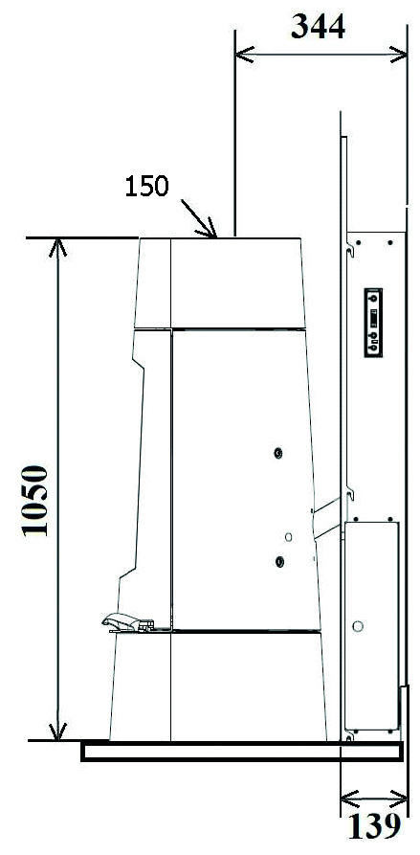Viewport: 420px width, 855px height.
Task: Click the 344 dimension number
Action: pos(318,27)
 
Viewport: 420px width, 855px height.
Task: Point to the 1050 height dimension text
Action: pos(35,501)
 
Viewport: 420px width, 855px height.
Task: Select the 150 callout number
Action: pos(146,187)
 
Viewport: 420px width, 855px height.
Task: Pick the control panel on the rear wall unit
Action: pos(373,323)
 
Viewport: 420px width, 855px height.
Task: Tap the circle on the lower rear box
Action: pos(358,626)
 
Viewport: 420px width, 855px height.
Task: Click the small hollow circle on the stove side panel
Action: pos(288,537)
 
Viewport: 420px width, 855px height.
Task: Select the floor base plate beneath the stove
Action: pos(242,751)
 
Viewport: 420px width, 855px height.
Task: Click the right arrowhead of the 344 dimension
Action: pos(398,55)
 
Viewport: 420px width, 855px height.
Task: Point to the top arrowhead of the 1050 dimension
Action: pos(57,247)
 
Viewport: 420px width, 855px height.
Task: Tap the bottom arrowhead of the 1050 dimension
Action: pos(57,731)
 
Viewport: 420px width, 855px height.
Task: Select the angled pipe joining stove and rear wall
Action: pos(327,519)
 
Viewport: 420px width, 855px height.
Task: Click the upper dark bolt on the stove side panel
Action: pos(279,453)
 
